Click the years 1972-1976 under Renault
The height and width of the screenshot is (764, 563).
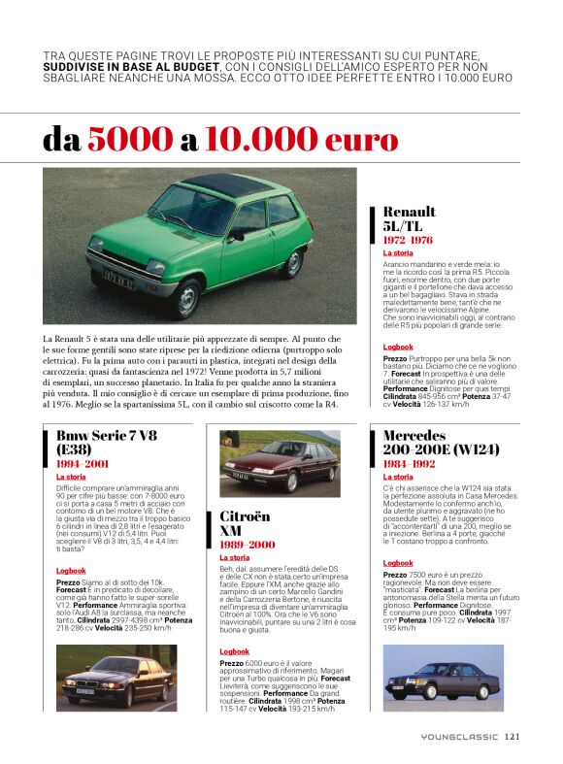408,240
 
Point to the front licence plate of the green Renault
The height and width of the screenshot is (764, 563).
118,276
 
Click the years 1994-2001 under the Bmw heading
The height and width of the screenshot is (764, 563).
82,465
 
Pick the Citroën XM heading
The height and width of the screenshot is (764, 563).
244,524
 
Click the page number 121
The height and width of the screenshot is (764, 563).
512,737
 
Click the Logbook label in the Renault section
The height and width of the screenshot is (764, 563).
397,347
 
